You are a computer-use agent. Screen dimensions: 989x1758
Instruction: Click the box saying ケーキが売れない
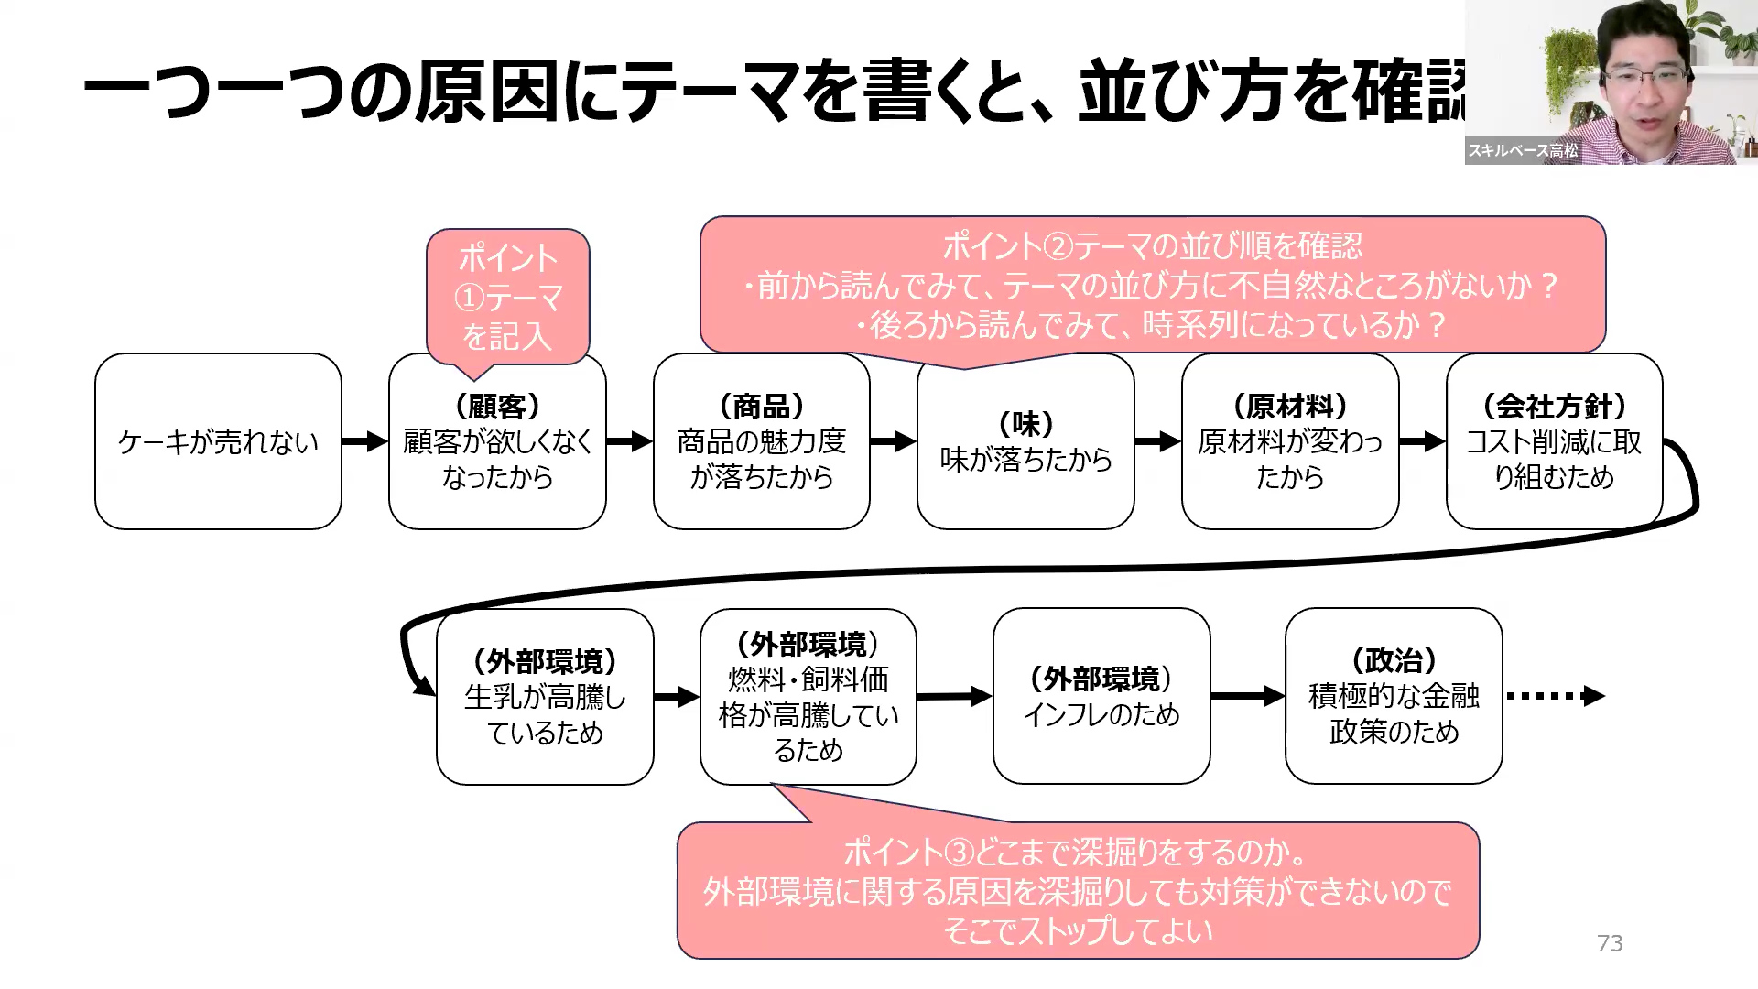[218, 441]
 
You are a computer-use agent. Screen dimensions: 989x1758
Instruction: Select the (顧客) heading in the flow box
[497, 406]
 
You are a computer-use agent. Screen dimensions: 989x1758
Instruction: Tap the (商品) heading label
[761, 406]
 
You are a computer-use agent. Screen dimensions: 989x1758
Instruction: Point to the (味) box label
[1025, 424]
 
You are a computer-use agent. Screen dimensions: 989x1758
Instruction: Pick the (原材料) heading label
[1290, 406]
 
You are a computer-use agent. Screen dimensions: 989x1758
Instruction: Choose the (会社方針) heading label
[1554, 406]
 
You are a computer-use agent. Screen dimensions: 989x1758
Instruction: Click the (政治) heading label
[1394, 660]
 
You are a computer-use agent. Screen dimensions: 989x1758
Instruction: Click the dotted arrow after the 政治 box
[1555, 696]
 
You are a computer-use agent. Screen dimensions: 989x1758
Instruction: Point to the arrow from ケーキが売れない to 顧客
[364, 441]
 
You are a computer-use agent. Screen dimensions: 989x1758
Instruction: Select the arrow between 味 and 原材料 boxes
[1157, 441]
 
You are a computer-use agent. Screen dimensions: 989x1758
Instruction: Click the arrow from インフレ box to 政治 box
[1247, 696]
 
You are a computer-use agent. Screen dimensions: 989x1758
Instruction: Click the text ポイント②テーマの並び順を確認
[1152, 245]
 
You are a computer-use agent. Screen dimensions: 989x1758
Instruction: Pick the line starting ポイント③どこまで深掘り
[1076, 853]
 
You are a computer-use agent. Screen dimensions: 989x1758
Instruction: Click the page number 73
[1609, 943]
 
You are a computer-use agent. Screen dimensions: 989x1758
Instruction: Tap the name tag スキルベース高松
[1523, 150]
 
